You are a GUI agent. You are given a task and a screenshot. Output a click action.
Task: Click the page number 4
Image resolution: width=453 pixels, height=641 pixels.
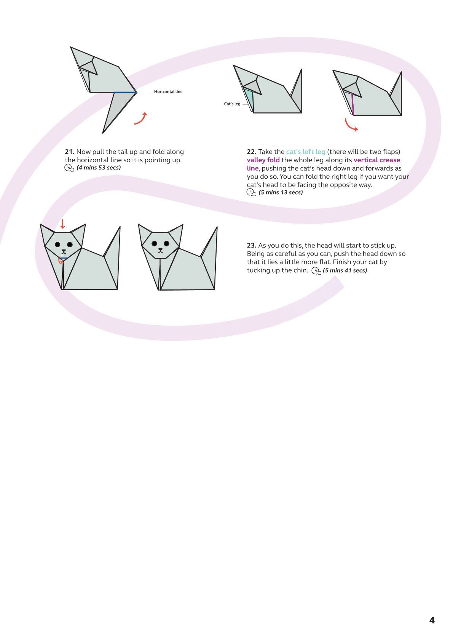tap(432, 620)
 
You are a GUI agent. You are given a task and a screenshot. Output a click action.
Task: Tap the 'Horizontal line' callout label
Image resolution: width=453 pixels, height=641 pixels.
tap(168, 92)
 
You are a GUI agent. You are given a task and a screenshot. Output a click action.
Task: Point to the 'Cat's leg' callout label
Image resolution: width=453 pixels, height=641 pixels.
tap(232, 104)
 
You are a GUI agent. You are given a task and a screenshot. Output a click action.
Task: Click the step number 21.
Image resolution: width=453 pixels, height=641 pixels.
tap(69, 152)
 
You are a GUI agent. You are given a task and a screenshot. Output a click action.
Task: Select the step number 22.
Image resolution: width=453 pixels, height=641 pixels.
tap(251, 152)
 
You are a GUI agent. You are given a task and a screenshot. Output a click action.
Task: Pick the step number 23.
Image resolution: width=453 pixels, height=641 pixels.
tap(251, 246)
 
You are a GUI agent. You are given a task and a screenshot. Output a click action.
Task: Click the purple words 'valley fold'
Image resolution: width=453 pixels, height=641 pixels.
tap(263, 160)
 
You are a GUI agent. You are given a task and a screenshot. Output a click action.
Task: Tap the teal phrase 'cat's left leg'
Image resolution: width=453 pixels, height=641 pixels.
tap(305, 152)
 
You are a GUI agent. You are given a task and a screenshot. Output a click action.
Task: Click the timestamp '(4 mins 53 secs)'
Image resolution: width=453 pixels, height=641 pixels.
tap(99, 168)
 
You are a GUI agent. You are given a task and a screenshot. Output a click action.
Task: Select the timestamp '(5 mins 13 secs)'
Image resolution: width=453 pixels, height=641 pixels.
tap(281, 193)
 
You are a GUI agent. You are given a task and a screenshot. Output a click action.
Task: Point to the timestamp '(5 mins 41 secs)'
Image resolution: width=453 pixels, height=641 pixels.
tap(345, 271)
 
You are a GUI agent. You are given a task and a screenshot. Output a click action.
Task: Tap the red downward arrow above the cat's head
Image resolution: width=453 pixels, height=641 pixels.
tap(63, 224)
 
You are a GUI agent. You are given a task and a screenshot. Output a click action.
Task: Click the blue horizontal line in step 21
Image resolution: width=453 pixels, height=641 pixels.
tap(125, 92)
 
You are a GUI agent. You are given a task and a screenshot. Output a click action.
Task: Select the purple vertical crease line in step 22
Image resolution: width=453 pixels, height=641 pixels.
tap(353, 104)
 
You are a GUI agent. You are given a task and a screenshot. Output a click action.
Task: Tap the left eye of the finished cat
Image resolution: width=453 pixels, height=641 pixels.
tap(154, 243)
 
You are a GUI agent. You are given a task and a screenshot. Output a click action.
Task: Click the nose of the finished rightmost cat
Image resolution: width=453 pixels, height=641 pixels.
tap(160, 251)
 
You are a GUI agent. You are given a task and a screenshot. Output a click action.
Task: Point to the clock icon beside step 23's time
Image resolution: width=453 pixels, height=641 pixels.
tap(316, 271)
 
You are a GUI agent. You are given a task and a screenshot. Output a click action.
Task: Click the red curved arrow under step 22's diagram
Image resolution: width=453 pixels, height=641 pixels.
tap(351, 126)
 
